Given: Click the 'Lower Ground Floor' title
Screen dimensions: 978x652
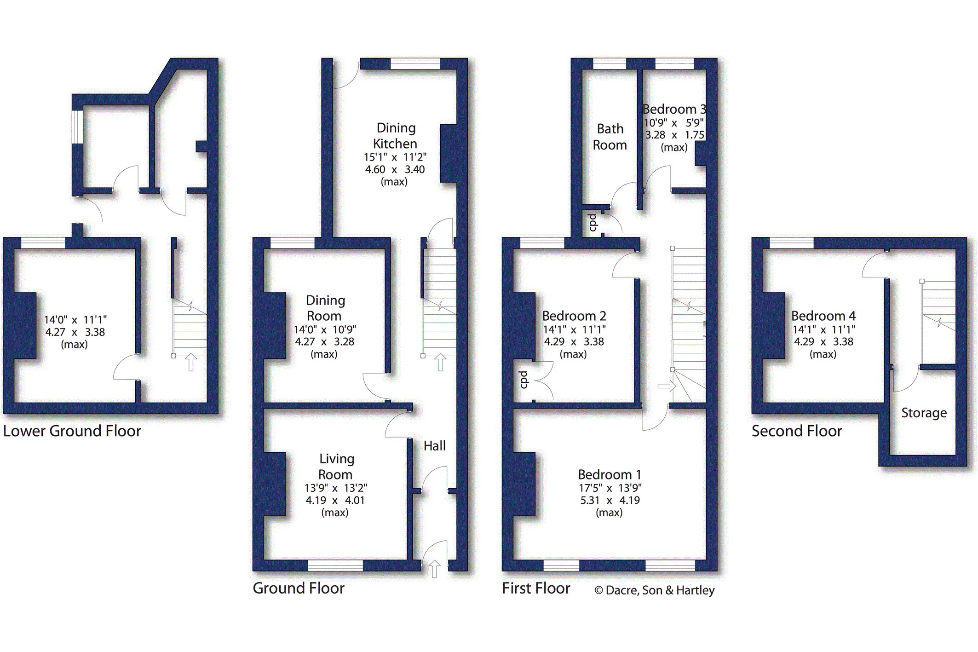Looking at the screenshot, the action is pyautogui.click(x=72, y=431).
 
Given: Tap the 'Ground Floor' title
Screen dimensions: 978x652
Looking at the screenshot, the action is pyautogui.click(x=299, y=588).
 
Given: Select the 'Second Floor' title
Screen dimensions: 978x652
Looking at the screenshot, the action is pyautogui.click(x=797, y=431).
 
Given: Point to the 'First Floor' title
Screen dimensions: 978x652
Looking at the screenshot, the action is pyautogui.click(x=536, y=588).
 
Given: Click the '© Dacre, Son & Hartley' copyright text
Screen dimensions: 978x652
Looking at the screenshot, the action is pyautogui.click(x=655, y=590).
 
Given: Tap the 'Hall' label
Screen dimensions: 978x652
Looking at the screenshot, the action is pyautogui.click(x=435, y=445).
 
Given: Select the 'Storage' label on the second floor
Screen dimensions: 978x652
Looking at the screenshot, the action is pyautogui.click(x=924, y=413).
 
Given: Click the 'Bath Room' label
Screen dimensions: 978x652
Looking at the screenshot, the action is pyautogui.click(x=610, y=137).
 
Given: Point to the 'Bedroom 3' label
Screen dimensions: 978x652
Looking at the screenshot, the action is pyautogui.click(x=674, y=110).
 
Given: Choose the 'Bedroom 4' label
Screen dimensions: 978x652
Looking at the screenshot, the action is pyautogui.click(x=823, y=316).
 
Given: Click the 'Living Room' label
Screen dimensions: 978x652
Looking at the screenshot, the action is pyautogui.click(x=336, y=467).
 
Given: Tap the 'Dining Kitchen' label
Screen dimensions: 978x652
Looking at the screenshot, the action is pyautogui.click(x=395, y=136).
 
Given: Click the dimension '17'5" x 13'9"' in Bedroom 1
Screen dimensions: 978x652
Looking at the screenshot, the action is pyautogui.click(x=610, y=488).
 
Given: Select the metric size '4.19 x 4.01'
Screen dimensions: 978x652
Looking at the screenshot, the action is pyautogui.click(x=335, y=500).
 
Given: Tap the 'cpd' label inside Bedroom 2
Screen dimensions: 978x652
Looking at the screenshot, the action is pyautogui.click(x=524, y=380).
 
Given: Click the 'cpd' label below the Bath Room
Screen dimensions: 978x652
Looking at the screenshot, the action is pyautogui.click(x=593, y=222).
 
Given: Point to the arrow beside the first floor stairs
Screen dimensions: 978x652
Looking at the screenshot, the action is pyautogui.click(x=667, y=386).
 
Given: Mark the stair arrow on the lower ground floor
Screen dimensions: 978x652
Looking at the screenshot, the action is pyautogui.click(x=191, y=362).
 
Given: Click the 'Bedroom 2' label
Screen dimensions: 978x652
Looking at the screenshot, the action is pyautogui.click(x=574, y=316).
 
